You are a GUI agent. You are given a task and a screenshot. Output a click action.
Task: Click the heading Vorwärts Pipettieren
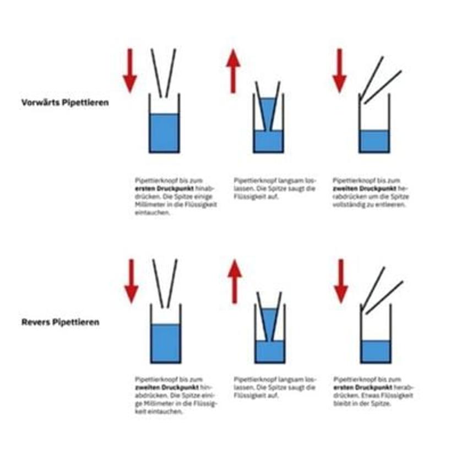point(65,102)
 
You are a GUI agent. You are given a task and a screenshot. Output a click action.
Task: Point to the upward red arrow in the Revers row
point(235,281)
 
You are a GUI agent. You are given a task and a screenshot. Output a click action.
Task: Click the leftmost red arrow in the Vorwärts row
point(130,70)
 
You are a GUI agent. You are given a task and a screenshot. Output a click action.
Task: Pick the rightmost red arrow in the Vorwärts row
point(339,70)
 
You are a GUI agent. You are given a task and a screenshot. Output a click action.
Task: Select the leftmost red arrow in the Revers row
point(131,281)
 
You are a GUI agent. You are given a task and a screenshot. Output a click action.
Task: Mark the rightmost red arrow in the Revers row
point(341,281)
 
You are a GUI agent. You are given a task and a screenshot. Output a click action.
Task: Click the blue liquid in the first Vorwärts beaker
point(164,132)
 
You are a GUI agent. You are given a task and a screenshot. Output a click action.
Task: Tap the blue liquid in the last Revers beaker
point(376,350)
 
